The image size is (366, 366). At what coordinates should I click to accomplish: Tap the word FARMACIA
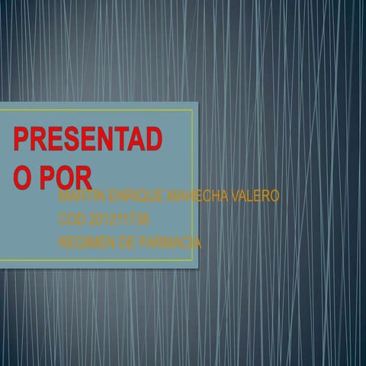(x=169, y=243)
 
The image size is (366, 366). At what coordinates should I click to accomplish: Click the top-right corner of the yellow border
(x=193, y=110)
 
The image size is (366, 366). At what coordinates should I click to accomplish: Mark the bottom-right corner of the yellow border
(x=193, y=260)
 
